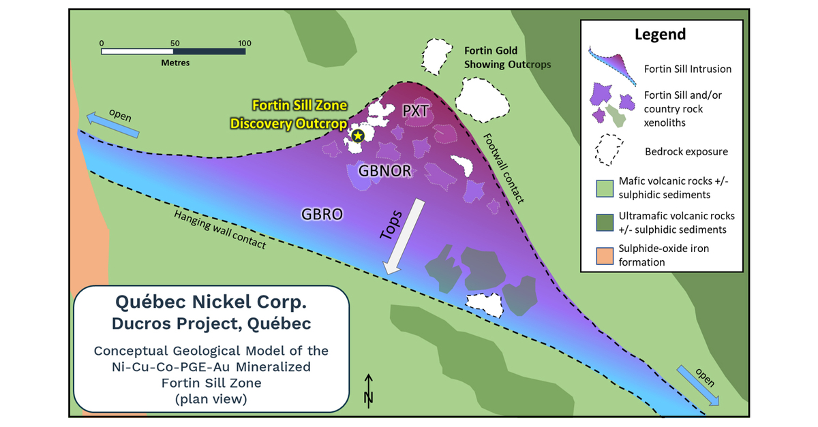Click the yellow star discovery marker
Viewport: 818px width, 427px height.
[x=359, y=136]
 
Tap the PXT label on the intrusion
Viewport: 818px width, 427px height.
[x=415, y=112]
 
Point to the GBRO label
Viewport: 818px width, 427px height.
[x=322, y=214]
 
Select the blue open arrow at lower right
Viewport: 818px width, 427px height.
[x=698, y=385]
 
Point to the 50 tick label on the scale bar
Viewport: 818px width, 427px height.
[x=173, y=43]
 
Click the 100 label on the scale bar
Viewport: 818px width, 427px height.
[x=243, y=43]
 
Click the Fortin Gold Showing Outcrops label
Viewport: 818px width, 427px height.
[x=507, y=58]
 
